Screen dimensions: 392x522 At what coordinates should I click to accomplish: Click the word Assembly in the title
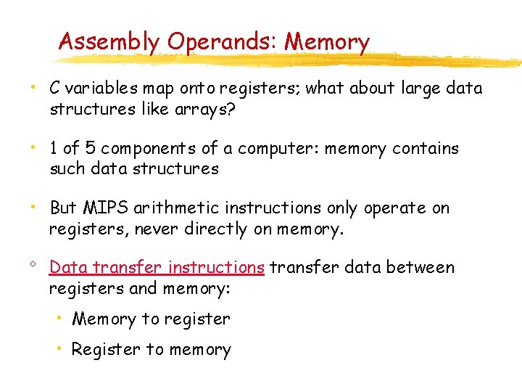109,41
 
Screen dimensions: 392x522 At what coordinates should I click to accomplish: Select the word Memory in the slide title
327,41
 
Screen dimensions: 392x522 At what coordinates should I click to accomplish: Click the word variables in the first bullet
101,89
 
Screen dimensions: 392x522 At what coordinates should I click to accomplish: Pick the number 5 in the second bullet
89,148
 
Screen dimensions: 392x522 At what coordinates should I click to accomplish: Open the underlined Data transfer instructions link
157,267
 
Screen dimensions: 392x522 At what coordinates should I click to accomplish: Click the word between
420,267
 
